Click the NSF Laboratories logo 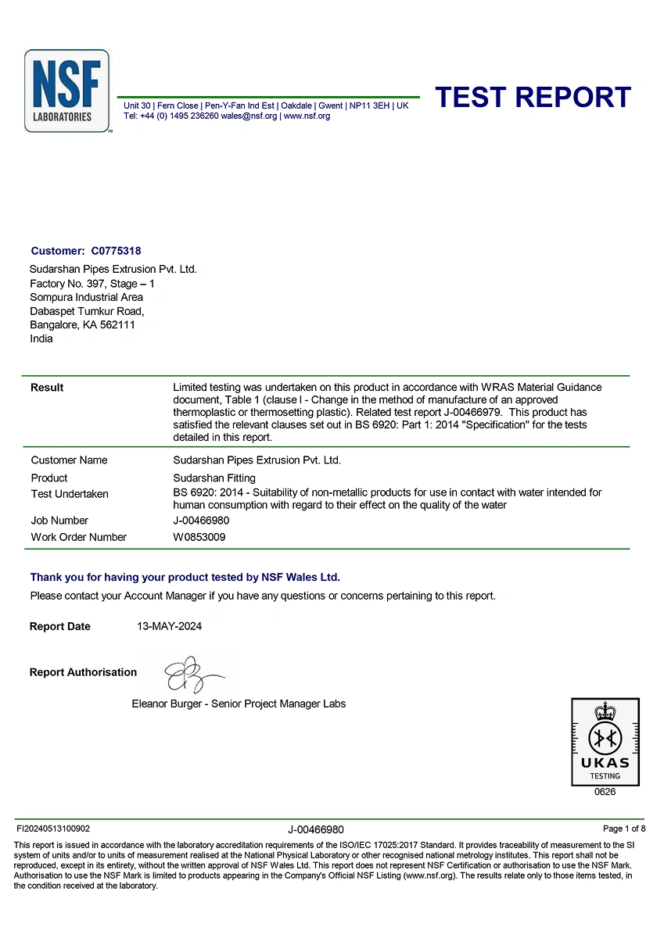click(66, 91)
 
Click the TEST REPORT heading click(533, 97)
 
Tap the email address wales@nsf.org click(249, 116)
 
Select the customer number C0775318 click(117, 251)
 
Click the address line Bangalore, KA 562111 click(82, 325)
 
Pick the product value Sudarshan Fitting click(214, 478)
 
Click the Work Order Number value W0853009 click(201, 537)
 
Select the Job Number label click(59, 521)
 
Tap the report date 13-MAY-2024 click(169, 626)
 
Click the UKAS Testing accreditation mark click(605, 741)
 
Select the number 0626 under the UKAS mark click(605, 792)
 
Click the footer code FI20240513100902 click(53, 829)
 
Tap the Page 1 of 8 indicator click(624, 829)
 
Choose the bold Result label click(47, 388)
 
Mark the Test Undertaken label click(70, 494)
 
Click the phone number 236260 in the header click(200, 116)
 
